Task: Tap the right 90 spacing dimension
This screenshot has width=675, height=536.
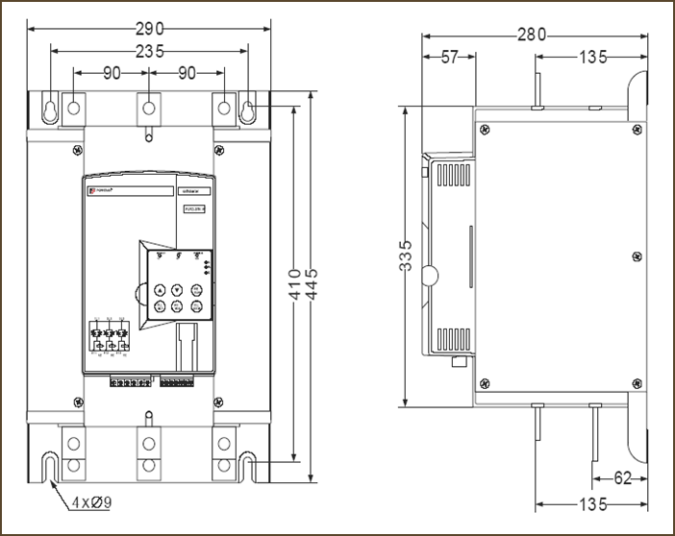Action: [x=187, y=72]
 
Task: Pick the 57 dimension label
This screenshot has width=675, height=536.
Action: [x=449, y=58]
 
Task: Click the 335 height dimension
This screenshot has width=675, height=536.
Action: [x=407, y=256]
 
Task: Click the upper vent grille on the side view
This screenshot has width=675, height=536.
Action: [x=451, y=175]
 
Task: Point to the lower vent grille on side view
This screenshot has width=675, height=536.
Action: [x=451, y=339]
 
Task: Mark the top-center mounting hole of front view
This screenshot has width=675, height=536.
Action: [x=148, y=109]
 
